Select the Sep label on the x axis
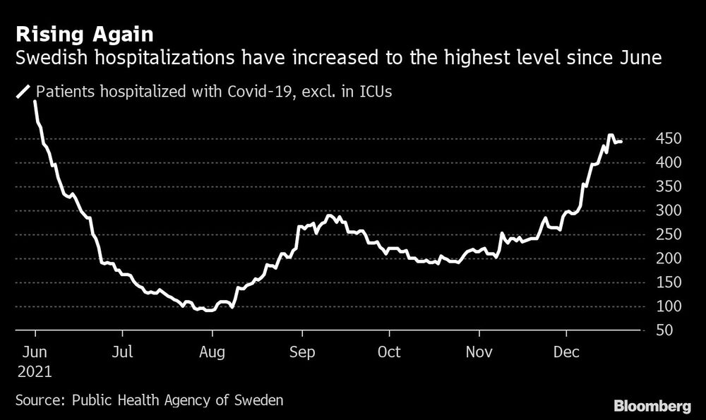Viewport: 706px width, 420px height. (x=301, y=352)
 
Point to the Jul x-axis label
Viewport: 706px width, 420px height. (x=123, y=352)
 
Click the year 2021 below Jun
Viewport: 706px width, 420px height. (x=35, y=371)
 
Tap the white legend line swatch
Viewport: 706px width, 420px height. (x=24, y=91)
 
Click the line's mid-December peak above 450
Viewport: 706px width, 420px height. (x=611, y=136)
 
